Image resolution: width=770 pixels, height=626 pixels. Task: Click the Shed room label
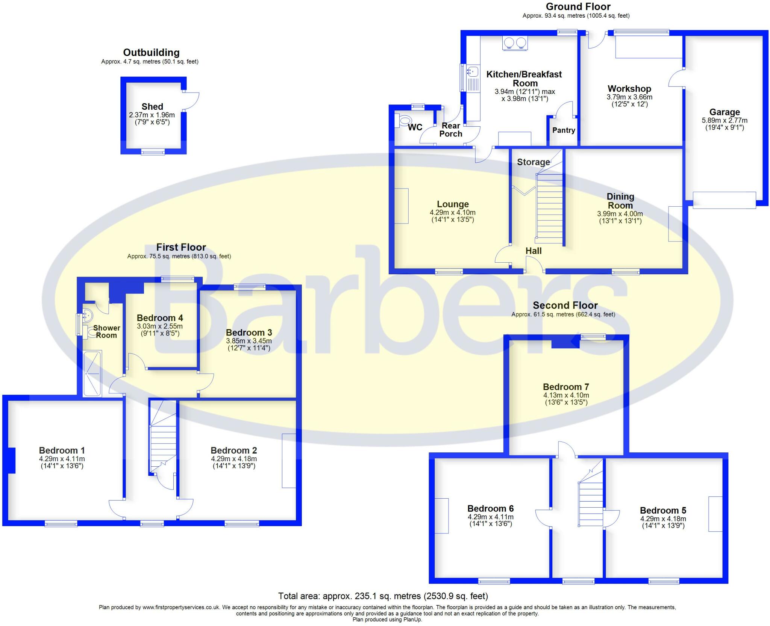point(152,107)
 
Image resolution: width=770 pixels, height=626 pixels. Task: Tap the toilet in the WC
point(404,121)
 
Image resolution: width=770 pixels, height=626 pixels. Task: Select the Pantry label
point(564,130)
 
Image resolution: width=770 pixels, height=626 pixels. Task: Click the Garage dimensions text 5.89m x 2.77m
point(725,121)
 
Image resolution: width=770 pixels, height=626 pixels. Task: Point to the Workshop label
point(629,89)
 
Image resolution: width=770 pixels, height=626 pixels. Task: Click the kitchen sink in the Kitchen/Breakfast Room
point(472,71)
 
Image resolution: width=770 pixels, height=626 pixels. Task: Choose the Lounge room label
point(453,204)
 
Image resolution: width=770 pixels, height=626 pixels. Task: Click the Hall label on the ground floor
point(534,251)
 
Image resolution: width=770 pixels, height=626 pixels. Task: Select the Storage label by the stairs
point(533,162)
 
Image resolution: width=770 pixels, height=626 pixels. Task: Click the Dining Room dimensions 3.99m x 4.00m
point(620,214)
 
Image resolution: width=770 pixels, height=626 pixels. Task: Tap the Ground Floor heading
point(578,7)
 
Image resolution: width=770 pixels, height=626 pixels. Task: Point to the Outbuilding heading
point(151,53)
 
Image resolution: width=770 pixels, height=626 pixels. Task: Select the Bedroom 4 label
point(160,318)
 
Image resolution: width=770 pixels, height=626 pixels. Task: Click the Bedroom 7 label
point(566,387)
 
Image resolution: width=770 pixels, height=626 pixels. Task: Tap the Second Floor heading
point(565,305)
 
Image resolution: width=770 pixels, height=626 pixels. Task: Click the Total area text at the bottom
point(383,596)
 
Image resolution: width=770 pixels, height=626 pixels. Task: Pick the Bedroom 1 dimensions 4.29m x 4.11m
point(62,459)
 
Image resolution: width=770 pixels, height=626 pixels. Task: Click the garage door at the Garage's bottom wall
point(724,200)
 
